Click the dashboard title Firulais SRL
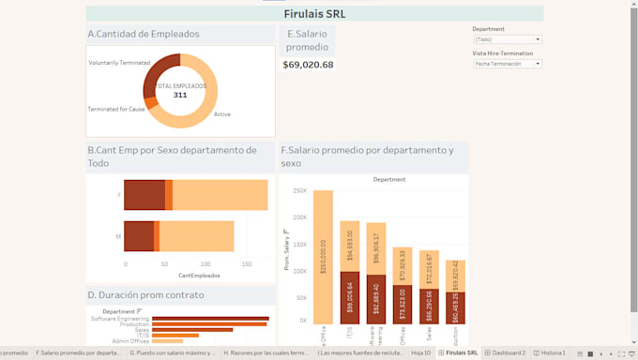point(314,14)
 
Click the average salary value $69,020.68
point(309,65)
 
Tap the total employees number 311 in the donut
point(180,95)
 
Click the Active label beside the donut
point(222,114)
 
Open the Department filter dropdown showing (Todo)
point(507,39)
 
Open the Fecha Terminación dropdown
point(507,64)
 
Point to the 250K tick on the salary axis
point(300,190)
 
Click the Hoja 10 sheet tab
point(420,353)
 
